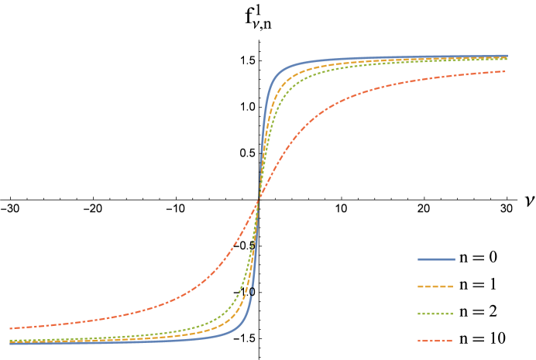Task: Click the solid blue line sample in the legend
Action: point(436,259)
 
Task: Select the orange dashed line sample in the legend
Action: point(435,286)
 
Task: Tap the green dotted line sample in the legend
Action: point(435,314)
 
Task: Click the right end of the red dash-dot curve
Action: point(506,71)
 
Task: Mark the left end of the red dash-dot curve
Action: point(10,328)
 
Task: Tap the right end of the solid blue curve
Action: point(507,56)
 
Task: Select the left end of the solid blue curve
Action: point(10,343)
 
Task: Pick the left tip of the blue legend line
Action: point(418,259)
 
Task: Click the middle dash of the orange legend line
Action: point(435,286)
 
